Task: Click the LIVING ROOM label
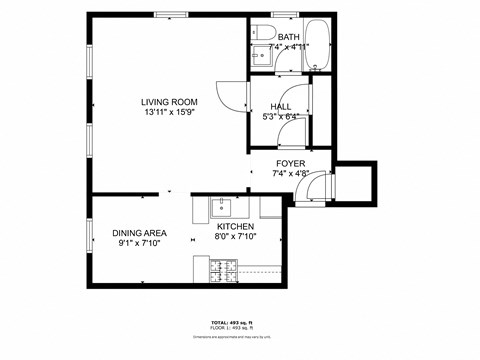click(168, 102)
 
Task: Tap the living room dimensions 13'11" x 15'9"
click(168, 112)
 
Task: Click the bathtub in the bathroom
click(321, 44)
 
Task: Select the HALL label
click(281, 106)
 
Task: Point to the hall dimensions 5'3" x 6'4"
click(281, 116)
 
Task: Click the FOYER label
click(291, 163)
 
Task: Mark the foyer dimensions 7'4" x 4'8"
click(291, 173)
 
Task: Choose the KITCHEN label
click(236, 226)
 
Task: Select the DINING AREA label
click(139, 232)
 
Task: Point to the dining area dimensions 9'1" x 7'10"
click(139, 242)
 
